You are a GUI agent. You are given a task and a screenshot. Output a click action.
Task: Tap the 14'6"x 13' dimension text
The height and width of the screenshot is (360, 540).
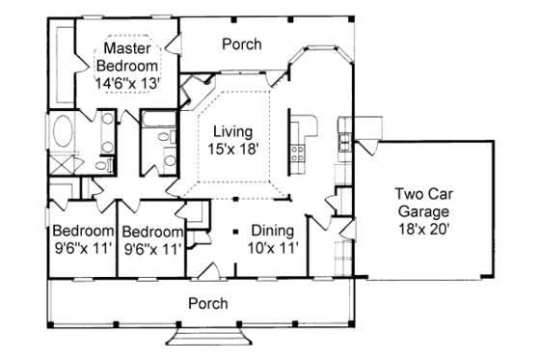[x=131, y=83]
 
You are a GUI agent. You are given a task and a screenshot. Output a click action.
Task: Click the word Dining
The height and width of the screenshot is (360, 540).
[x=272, y=231]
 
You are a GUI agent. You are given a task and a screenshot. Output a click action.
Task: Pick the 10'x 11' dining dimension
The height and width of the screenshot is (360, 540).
[x=272, y=248]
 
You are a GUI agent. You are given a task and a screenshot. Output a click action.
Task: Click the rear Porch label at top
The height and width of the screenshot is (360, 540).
[x=241, y=43]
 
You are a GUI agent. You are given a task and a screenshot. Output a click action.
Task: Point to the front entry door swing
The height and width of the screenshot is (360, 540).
[x=216, y=270]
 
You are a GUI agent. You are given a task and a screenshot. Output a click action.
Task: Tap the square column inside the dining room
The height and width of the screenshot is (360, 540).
[x=235, y=232]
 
